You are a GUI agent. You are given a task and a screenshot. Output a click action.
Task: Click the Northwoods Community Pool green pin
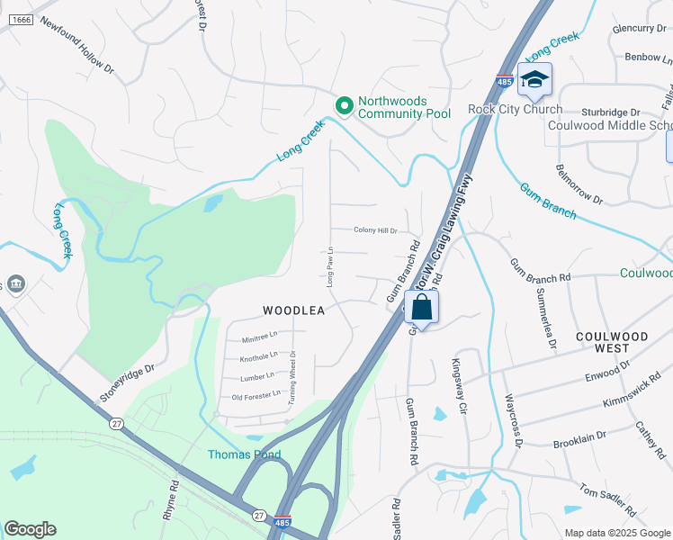click(x=344, y=106)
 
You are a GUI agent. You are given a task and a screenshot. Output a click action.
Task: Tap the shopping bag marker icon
click(x=421, y=308)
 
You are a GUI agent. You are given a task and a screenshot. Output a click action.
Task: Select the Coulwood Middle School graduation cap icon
click(x=534, y=79)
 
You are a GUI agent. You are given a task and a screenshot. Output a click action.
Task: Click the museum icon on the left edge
click(x=15, y=284)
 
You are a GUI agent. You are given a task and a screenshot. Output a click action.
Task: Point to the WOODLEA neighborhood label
click(x=292, y=310)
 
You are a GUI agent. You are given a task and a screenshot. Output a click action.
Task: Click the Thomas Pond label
click(x=245, y=454)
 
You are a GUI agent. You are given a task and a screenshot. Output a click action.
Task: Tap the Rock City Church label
click(x=515, y=110)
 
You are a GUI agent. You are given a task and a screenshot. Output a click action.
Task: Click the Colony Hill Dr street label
click(x=374, y=230)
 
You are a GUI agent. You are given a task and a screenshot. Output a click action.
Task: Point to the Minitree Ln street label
click(x=259, y=339)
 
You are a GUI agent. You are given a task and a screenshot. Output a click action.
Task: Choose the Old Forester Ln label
click(x=256, y=397)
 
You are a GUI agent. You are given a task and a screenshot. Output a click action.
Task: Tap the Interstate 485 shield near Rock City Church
click(x=504, y=82)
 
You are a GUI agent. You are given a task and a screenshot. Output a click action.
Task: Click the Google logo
click(x=31, y=529)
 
